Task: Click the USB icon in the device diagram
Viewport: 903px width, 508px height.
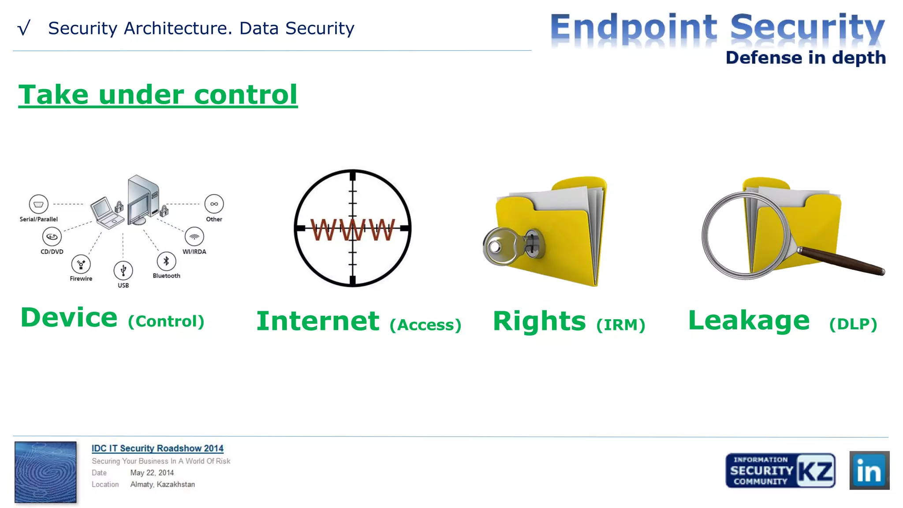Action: tap(123, 270)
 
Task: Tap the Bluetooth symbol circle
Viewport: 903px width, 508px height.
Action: tap(166, 261)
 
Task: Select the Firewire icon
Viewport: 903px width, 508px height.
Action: tap(81, 264)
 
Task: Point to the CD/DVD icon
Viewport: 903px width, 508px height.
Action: tap(52, 237)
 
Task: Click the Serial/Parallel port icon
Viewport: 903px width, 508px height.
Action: tap(38, 204)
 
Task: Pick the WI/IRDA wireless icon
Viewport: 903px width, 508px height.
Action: tap(194, 237)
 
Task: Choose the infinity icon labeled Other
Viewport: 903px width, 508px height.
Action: tap(214, 204)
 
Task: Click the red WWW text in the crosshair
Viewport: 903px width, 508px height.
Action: tap(352, 230)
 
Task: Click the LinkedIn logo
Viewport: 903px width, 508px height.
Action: tap(869, 470)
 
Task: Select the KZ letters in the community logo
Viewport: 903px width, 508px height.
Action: tap(816, 471)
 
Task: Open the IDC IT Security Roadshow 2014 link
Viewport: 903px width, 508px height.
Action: tap(157, 448)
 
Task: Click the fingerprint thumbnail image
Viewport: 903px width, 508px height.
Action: tap(45, 472)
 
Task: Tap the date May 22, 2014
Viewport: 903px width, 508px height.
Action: tap(152, 473)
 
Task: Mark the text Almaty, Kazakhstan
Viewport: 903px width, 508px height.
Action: tap(162, 484)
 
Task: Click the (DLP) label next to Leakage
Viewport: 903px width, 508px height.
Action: tap(853, 324)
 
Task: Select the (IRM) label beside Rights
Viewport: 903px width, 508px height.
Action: tap(620, 325)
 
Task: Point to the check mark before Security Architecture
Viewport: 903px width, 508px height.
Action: tap(24, 28)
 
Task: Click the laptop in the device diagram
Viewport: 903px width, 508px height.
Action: tap(106, 212)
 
